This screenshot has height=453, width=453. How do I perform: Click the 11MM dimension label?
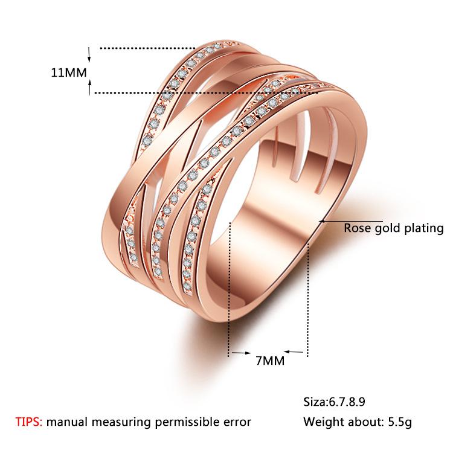69,72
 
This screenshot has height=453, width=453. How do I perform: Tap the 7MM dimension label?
270,361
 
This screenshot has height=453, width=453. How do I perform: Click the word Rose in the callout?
357,228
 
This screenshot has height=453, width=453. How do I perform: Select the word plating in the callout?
424,228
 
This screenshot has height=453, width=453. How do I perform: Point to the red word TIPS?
29,422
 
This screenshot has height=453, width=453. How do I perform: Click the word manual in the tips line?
67,422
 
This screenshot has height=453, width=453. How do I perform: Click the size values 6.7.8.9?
346,402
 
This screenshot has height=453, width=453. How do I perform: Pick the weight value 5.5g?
400,422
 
